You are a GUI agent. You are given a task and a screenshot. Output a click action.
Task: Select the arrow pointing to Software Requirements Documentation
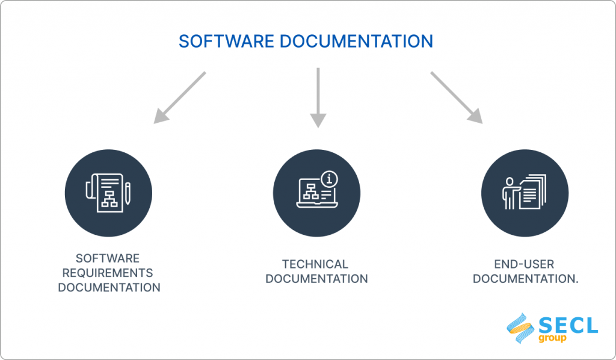point(179,98)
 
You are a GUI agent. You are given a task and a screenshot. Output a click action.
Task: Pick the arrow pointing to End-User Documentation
point(456,98)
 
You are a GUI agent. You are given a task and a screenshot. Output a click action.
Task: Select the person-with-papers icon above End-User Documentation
point(525,193)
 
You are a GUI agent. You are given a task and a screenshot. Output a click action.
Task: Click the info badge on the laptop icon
point(329,179)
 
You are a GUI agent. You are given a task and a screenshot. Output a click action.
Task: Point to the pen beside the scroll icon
point(128,193)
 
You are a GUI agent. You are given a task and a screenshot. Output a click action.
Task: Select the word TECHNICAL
point(315,264)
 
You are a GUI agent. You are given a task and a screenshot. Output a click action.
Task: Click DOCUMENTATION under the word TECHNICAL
point(316,279)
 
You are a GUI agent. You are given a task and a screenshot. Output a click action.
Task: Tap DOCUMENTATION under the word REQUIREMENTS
point(109,287)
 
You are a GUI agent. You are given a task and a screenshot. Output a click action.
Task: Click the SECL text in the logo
point(568,326)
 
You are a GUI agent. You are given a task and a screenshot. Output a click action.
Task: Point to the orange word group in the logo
point(553,338)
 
